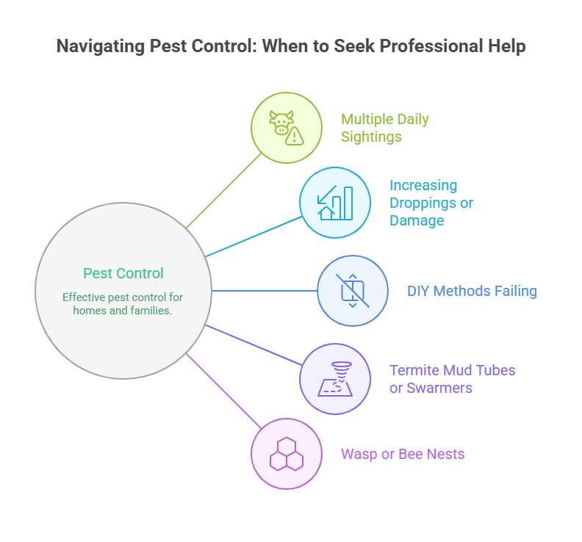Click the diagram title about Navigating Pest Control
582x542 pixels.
tap(291, 46)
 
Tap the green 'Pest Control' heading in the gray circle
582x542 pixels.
tap(123, 273)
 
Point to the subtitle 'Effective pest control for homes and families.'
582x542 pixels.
tap(123, 303)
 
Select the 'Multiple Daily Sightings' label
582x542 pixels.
tap(384, 127)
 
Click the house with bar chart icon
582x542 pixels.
tap(335, 203)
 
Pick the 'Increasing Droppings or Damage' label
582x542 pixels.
tap(431, 203)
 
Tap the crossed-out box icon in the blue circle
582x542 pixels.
tap(353, 291)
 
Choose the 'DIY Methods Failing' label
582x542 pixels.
tap(472, 291)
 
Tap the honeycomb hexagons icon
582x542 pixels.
tap(287, 454)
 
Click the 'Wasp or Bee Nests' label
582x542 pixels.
tap(403, 454)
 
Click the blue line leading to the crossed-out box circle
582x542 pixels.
tap(265, 291)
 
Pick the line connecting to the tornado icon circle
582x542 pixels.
tap(254, 344)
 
